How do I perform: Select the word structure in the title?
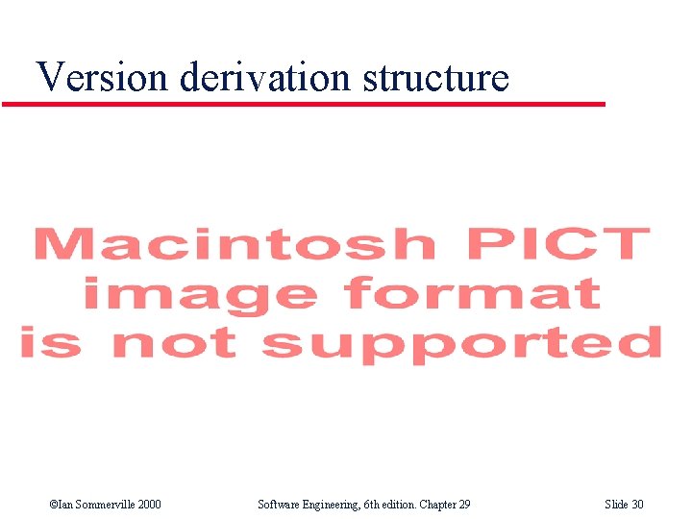click(x=436, y=77)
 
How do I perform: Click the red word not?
click(x=172, y=343)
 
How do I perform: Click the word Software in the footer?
click(x=278, y=505)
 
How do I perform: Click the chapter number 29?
click(x=463, y=505)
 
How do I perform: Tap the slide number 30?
click(x=637, y=505)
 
